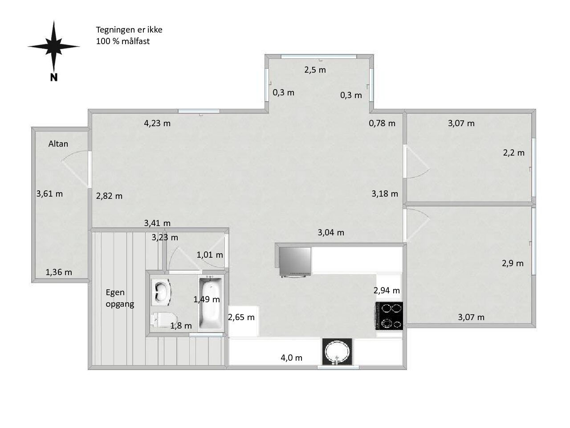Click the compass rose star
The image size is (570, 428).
pos(54,47)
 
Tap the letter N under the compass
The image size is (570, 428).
pos(54,78)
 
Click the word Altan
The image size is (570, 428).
pos(58,144)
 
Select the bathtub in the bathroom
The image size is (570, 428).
pos(211,303)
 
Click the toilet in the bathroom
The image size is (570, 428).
pos(164,320)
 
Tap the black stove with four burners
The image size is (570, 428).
pos(389,316)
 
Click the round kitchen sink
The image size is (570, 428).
pos(338,352)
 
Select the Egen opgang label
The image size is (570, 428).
pos(120,298)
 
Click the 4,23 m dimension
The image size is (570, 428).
pos(157,123)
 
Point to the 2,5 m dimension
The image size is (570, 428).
pos(315,70)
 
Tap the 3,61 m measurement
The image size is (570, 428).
pos(49,193)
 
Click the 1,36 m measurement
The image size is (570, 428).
pos(59,272)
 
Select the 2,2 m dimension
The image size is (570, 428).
pos(513,153)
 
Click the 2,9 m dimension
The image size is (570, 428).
pos(513,263)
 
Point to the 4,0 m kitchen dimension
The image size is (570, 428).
pos(292,358)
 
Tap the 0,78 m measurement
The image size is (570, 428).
pos(382,123)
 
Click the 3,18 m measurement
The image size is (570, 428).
pos(385,193)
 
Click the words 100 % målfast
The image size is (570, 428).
pos(123,41)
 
